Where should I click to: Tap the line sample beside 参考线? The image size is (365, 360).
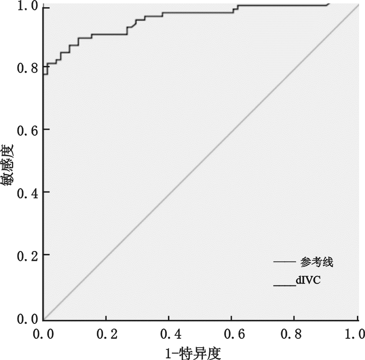285,262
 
